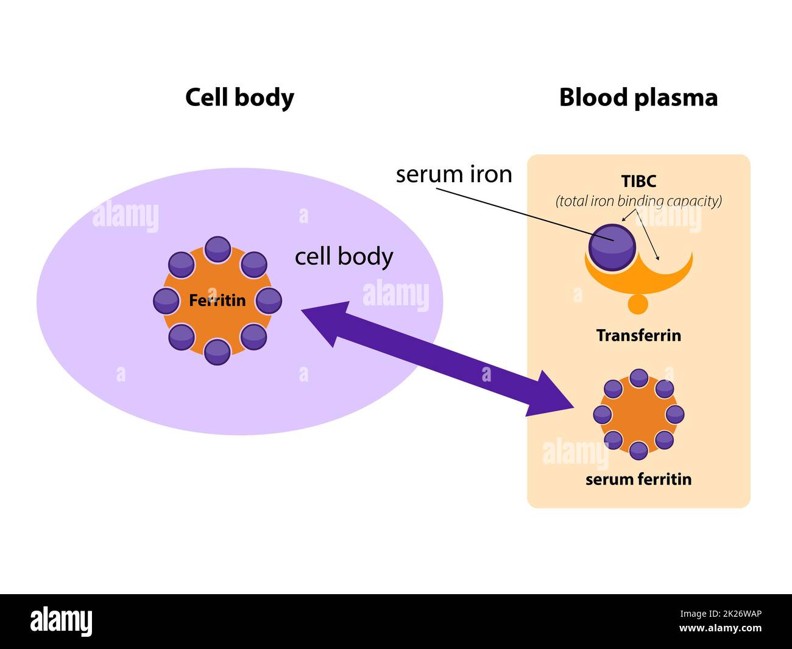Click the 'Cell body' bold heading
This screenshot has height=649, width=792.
(239, 98)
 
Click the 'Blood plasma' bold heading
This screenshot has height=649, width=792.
(638, 98)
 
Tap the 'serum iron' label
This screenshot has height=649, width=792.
(454, 175)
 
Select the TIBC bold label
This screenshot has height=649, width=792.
(638, 182)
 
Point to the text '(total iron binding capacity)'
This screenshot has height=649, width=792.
(638, 200)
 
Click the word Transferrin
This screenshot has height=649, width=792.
(638, 335)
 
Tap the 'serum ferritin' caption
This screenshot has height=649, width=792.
(638, 479)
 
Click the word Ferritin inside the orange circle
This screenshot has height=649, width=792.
(217, 300)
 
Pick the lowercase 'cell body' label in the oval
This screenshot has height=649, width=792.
(344, 257)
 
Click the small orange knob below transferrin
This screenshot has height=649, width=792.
(638, 303)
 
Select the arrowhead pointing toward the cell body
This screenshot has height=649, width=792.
(326, 319)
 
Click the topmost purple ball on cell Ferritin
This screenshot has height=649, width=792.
(217, 249)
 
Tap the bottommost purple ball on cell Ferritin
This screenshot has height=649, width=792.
(217, 352)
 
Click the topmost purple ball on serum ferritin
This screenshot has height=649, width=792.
(638, 378)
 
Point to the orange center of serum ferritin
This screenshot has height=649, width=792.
(638, 414)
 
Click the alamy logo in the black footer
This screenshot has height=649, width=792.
(62, 622)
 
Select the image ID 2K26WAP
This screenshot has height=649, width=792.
(730, 614)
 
